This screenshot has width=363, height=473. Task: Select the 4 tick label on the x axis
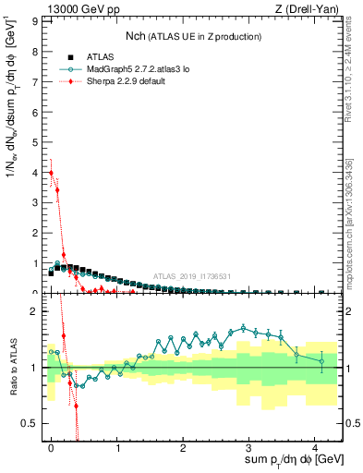(315, 446)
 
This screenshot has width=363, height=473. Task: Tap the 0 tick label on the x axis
(51, 446)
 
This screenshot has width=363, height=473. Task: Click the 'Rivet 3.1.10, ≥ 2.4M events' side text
(348, 74)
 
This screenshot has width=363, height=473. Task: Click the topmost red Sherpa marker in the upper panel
(51, 173)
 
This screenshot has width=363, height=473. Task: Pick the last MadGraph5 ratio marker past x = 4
(321, 361)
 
